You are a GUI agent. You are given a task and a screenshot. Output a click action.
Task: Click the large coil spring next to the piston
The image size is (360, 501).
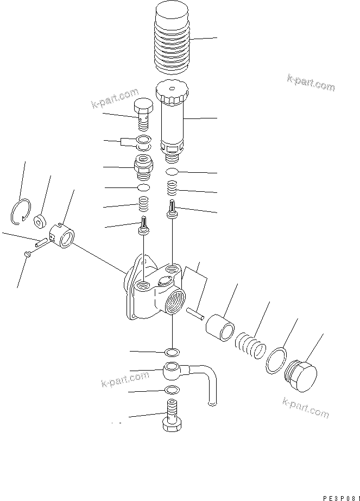[249, 346]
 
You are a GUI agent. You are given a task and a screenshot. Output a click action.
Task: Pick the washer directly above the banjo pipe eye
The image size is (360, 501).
[172, 350]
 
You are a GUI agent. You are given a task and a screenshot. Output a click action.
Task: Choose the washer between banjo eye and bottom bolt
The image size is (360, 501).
[171, 390]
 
